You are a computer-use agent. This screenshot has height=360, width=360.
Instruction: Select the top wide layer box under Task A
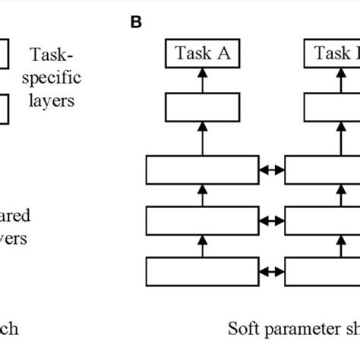pyautogui.click(x=202, y=168)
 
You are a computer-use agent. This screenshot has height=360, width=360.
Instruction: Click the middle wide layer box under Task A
pyautogui.click(x=202, y=220)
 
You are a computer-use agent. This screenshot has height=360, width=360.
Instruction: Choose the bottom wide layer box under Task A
pyautogui.click(x=202, y=272)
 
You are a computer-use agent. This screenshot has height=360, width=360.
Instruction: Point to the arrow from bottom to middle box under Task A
pyautogui.click(x=203, y=246)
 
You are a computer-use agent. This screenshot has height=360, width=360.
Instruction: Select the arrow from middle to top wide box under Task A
pyautogui.click(x=203, y=194)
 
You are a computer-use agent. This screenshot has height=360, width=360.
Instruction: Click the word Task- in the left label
pyautogui.click(x=49, y=55)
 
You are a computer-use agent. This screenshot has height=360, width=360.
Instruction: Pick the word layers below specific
pyautogui.click(x=51, y=100)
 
